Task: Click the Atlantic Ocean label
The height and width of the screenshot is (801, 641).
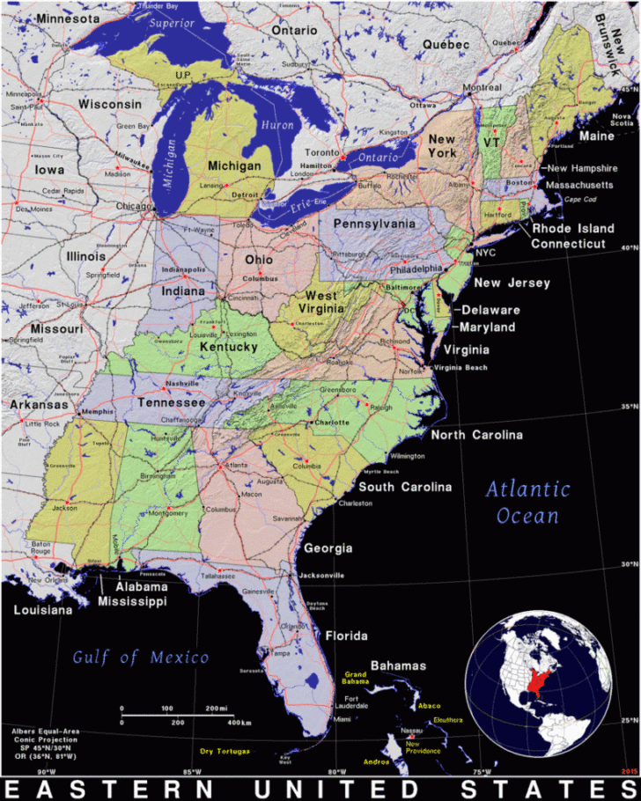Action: pyautogui.click(x=527, y=502)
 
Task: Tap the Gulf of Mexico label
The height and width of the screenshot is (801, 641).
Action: pyautogui.click(x=141, y=657)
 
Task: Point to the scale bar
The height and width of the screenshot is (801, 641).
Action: pyautogui.click(x=176, y=715)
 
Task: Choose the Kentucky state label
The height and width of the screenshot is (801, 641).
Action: pyautogui.click(x=228, y=348)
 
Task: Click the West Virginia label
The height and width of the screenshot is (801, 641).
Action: pyautogui.click(x=321, y=303)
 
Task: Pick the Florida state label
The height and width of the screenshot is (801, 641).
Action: pyautogui.click(x=346, y=636)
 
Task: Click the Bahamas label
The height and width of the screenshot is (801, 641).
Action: pyautogui.click(x=398, y=665)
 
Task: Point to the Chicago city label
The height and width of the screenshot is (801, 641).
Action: pyautogui.click(x=134, y=207)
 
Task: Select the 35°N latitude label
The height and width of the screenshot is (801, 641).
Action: pyautogui.click(x=628, y=408)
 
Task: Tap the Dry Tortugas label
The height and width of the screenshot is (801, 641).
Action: pyautogui.click(x=225, y=751)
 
